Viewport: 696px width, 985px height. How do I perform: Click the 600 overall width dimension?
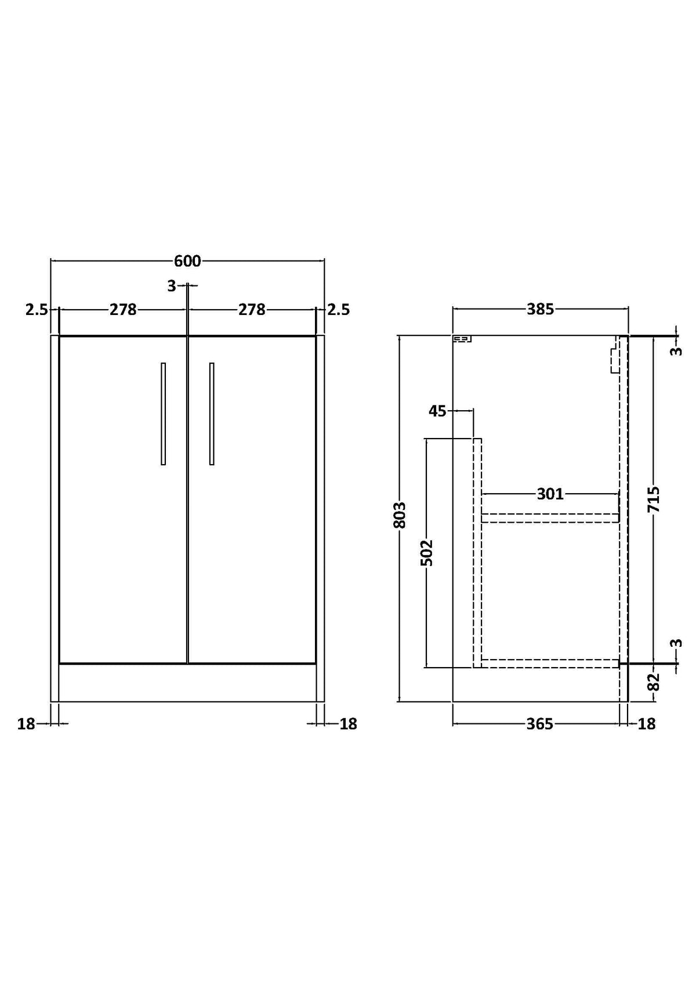coord(187,261)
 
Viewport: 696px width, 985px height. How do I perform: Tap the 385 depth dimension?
coord(541,310)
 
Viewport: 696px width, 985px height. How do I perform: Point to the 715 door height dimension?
coord(654,499)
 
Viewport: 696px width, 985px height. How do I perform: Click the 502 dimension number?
coord(426,553)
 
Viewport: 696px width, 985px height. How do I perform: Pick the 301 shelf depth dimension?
coord(550,494)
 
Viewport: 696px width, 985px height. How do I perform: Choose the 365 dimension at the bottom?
coord(540,724)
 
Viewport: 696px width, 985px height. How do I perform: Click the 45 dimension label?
coord(437,411)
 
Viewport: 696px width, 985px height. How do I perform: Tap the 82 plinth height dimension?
coord(654,682)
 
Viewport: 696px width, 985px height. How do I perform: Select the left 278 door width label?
coord(123,310)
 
